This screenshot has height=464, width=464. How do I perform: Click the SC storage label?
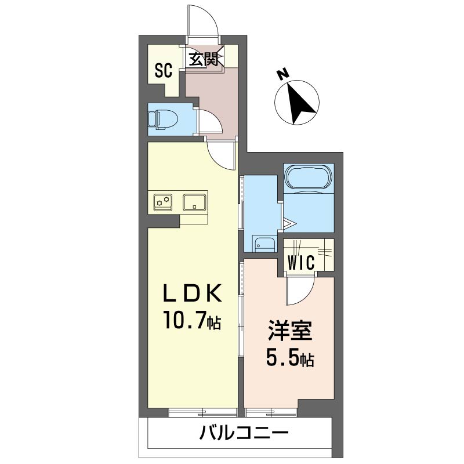164,71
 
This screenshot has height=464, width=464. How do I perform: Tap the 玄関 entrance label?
204,59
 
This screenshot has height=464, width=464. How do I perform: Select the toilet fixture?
162,119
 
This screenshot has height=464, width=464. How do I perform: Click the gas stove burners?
163,202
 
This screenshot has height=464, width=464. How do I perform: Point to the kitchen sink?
194,202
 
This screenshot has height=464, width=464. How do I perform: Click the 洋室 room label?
289,332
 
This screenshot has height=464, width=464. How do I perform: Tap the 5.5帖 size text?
289,359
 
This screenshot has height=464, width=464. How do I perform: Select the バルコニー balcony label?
244,433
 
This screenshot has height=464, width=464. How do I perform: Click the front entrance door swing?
205,23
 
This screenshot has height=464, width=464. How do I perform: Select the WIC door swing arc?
302,290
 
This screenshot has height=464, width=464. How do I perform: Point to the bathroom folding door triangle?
291,223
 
